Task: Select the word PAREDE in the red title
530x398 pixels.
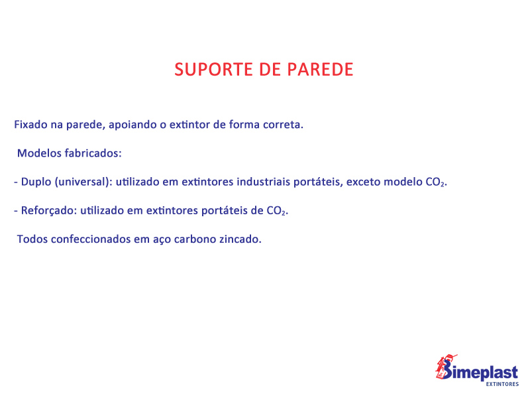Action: point(321,70)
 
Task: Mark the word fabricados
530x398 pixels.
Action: point(93,153)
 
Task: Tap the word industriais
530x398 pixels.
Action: point(263,182)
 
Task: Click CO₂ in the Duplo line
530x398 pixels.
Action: point(436,182)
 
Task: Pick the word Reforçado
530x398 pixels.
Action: point(49,211)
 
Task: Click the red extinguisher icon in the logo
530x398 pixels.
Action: point(445,367)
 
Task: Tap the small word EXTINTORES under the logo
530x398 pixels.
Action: point(502,384)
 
